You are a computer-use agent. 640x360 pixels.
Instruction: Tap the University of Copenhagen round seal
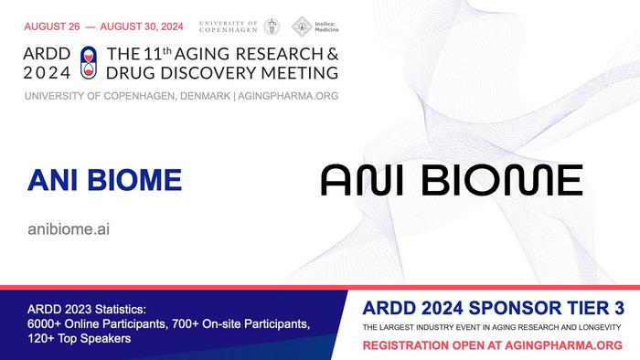(272, 26)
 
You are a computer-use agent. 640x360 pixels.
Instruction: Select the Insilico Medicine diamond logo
(300, 26)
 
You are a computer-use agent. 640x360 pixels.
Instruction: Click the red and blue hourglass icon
(88, 59)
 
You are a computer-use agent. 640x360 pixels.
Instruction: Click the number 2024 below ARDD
(44, 71)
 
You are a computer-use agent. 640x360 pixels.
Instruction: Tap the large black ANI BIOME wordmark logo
(451, 180)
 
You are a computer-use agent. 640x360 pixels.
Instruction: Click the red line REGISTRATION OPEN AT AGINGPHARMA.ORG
(492, 345)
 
